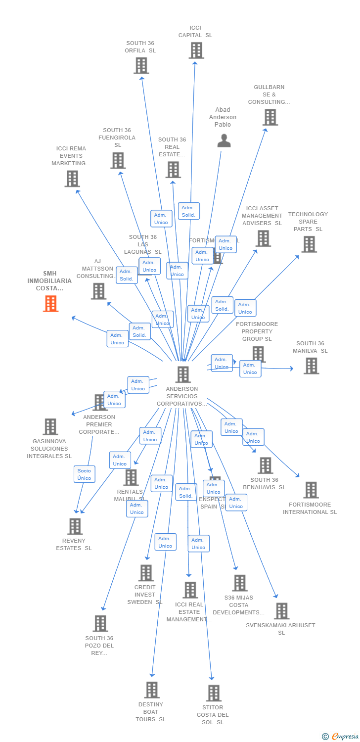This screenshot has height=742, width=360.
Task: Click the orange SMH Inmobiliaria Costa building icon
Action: tap(50, 303)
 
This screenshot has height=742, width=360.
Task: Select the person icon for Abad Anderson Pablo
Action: tap(224, 141)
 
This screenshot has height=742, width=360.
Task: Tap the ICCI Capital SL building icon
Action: tap(196, 50)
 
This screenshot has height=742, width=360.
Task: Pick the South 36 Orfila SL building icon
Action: tap(141, 65)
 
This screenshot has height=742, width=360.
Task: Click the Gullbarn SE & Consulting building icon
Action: tap(270, 117)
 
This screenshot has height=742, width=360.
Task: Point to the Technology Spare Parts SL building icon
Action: tap(309, 244)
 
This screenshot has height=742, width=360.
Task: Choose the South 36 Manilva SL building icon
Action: tap(311, 366)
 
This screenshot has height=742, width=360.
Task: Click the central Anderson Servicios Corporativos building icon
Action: tap(183, 374)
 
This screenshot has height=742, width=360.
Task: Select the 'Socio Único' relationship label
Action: tap(84, 474)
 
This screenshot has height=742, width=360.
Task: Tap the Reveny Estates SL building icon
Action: tap(75, 526)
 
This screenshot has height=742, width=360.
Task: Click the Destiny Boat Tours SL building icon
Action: tap(152, 690)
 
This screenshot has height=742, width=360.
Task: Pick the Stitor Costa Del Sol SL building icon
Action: tap(214, 693)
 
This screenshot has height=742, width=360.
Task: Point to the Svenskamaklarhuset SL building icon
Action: tap(281, 611)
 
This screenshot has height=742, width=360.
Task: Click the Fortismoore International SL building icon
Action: tap(311, 490)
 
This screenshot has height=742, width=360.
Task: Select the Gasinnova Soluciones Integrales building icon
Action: tap(50, 426)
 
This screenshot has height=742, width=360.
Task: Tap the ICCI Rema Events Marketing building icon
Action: tap(72, 179)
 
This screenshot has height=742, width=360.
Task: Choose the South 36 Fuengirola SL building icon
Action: tap(118, 160)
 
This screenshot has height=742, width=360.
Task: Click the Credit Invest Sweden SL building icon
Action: tap(146, 573)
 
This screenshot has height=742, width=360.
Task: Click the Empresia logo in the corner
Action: tap(341, 737)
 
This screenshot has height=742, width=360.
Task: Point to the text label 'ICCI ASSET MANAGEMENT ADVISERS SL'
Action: tap(262, 216)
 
